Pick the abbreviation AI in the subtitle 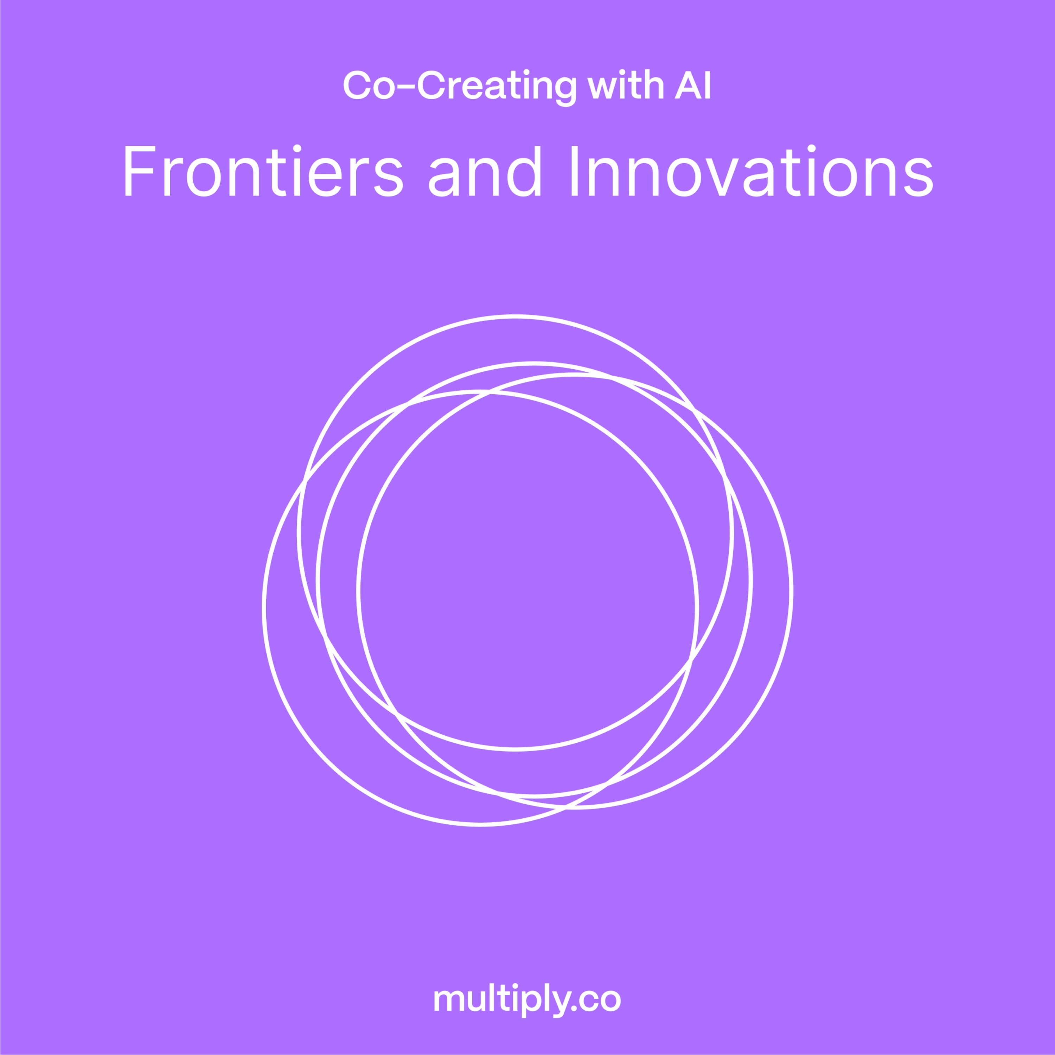coord(692,85)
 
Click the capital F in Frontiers coord(140,171)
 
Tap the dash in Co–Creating coord(406,86)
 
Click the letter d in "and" coord(524,171)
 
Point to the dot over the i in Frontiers coord(297,148)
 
